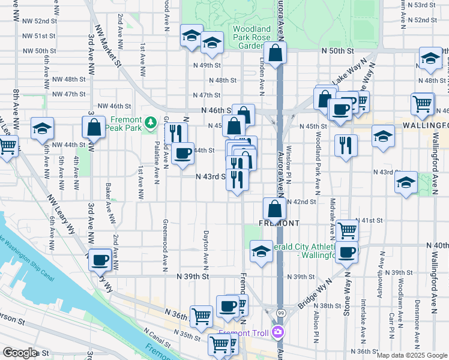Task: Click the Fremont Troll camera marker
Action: (277, 332)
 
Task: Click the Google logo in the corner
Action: (20, 353)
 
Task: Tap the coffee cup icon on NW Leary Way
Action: (100, 259)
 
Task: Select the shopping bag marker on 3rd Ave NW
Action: (94, 128)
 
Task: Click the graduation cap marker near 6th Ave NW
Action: (41, 128)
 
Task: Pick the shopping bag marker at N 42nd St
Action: (274, 209)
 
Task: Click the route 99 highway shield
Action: (280, 313)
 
